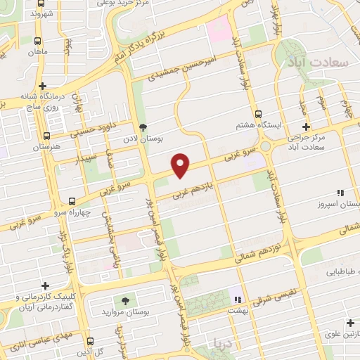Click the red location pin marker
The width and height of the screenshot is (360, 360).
pos(181,164)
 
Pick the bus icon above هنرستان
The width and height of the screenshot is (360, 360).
pos(46,136)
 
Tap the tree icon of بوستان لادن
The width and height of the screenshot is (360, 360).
pos(144,127)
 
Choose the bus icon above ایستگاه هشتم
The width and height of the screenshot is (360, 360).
pos(258,113)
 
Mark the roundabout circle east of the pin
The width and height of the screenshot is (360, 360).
pos(267,148)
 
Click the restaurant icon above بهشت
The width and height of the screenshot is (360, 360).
pos(238,298)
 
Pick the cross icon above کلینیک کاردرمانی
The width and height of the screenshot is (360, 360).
pos(46,285)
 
